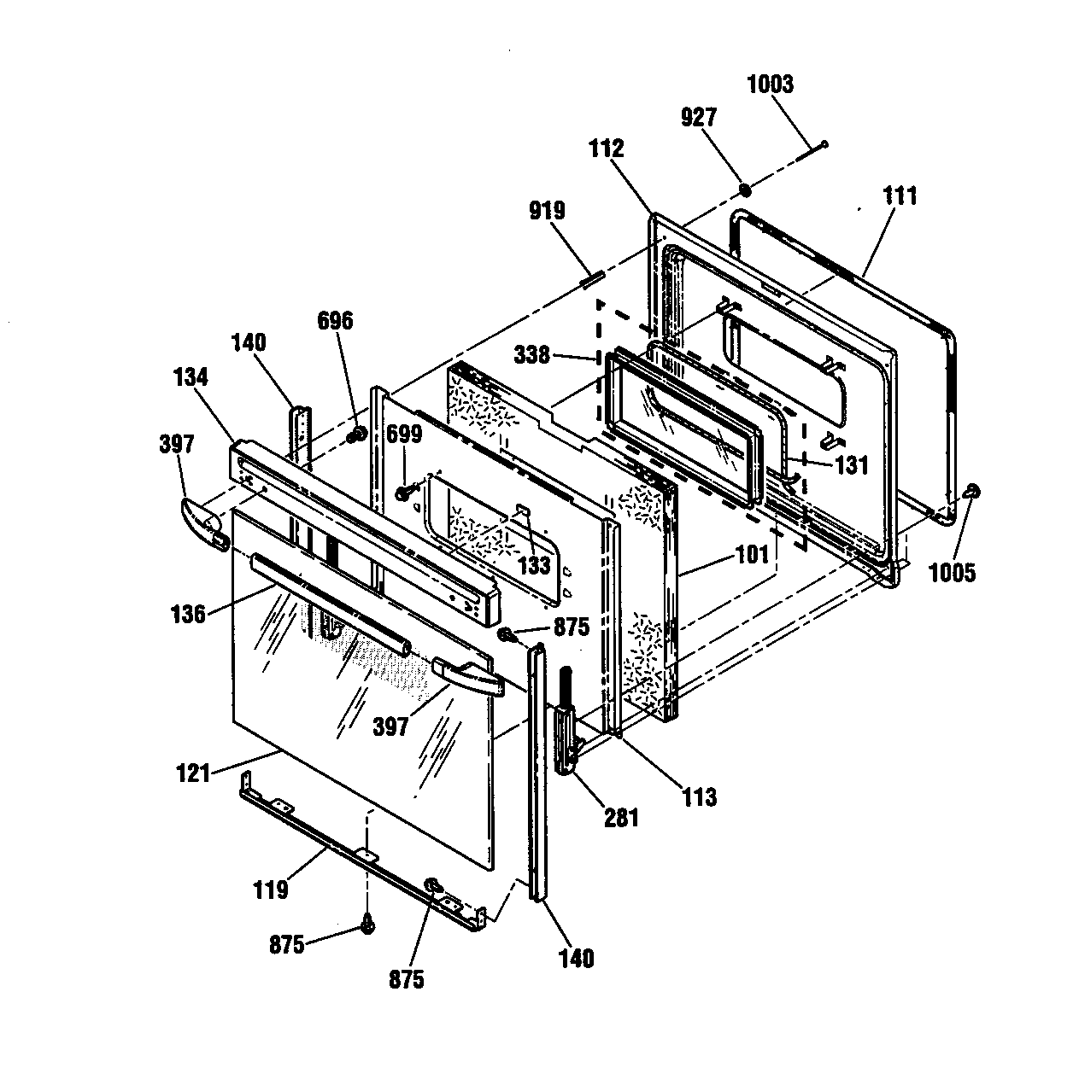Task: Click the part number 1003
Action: click(770, 85)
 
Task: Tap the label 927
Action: click(699, 118)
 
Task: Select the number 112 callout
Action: click(606, 149)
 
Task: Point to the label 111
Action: click(900, 196)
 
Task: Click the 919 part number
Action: click(548, 211)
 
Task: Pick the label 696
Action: click(335, 321)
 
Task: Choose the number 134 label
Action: click(191, 377)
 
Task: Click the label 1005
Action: click(952, 573)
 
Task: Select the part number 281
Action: click(621, 818)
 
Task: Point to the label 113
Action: click(700, 797)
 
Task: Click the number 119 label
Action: click(271, 890)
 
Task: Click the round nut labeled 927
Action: click(746, 191)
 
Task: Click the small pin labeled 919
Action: click(593, 280)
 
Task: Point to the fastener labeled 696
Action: click(357, 435)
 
